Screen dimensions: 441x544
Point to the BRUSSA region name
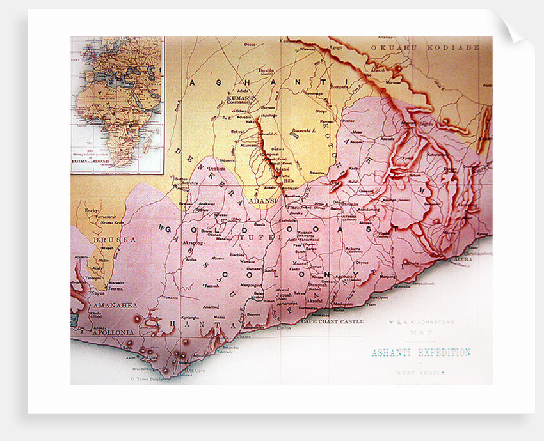pyautogui.click(x=108, y=239)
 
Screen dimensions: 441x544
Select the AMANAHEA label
pyautogui.click(x=113, y=306)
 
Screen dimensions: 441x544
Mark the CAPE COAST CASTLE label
pyautogui.click(x=332, y=321)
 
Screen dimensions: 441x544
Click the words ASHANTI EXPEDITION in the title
pyautogui.click(x=420, y=352)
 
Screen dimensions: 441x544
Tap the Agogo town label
pyautogui.click(x=335, y=47)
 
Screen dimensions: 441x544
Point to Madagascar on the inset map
pyautogui.click(x=148, y=146)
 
